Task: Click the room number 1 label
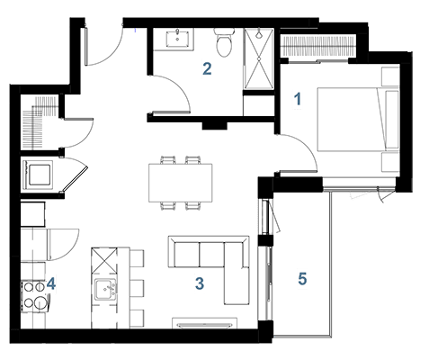(x=298, y=99)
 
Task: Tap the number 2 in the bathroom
(x=207, y=68)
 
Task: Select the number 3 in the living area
(x=200, y=283)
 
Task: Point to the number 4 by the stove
(x=51, y=283)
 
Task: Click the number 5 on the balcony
(x=302, y=279)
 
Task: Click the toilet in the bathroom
(x=223, y=42)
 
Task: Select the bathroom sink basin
(x=177, y=38)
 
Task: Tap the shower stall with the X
(x=259, y=58)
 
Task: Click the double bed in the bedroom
(x=358, y=119)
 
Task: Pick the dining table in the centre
(x=181, y=183)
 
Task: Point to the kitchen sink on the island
(x=105, y=289)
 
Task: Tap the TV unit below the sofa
(x=205, y=323)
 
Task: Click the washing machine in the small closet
(x=38, y=175)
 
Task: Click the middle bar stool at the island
(x=137, y=288)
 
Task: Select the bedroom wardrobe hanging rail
(x=318, y=46)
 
